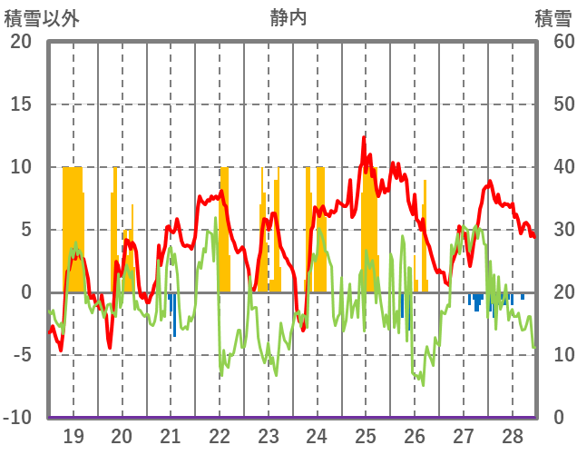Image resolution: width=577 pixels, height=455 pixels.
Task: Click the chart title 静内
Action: pos(288,17)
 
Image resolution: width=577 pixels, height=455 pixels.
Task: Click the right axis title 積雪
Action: pos(553,17)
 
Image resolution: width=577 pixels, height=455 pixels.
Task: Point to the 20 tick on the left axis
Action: pos(21,42)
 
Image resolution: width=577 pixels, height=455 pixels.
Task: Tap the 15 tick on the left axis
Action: pos(21,104)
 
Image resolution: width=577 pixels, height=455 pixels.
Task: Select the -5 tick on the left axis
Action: pos(21,355)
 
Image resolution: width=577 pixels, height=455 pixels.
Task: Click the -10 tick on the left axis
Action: pos(17,418)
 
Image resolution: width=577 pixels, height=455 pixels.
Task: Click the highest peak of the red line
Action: pos(364,137)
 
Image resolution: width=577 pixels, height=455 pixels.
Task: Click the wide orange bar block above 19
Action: pos(73,227)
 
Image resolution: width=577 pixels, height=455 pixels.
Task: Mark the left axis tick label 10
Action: pos(21,167)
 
